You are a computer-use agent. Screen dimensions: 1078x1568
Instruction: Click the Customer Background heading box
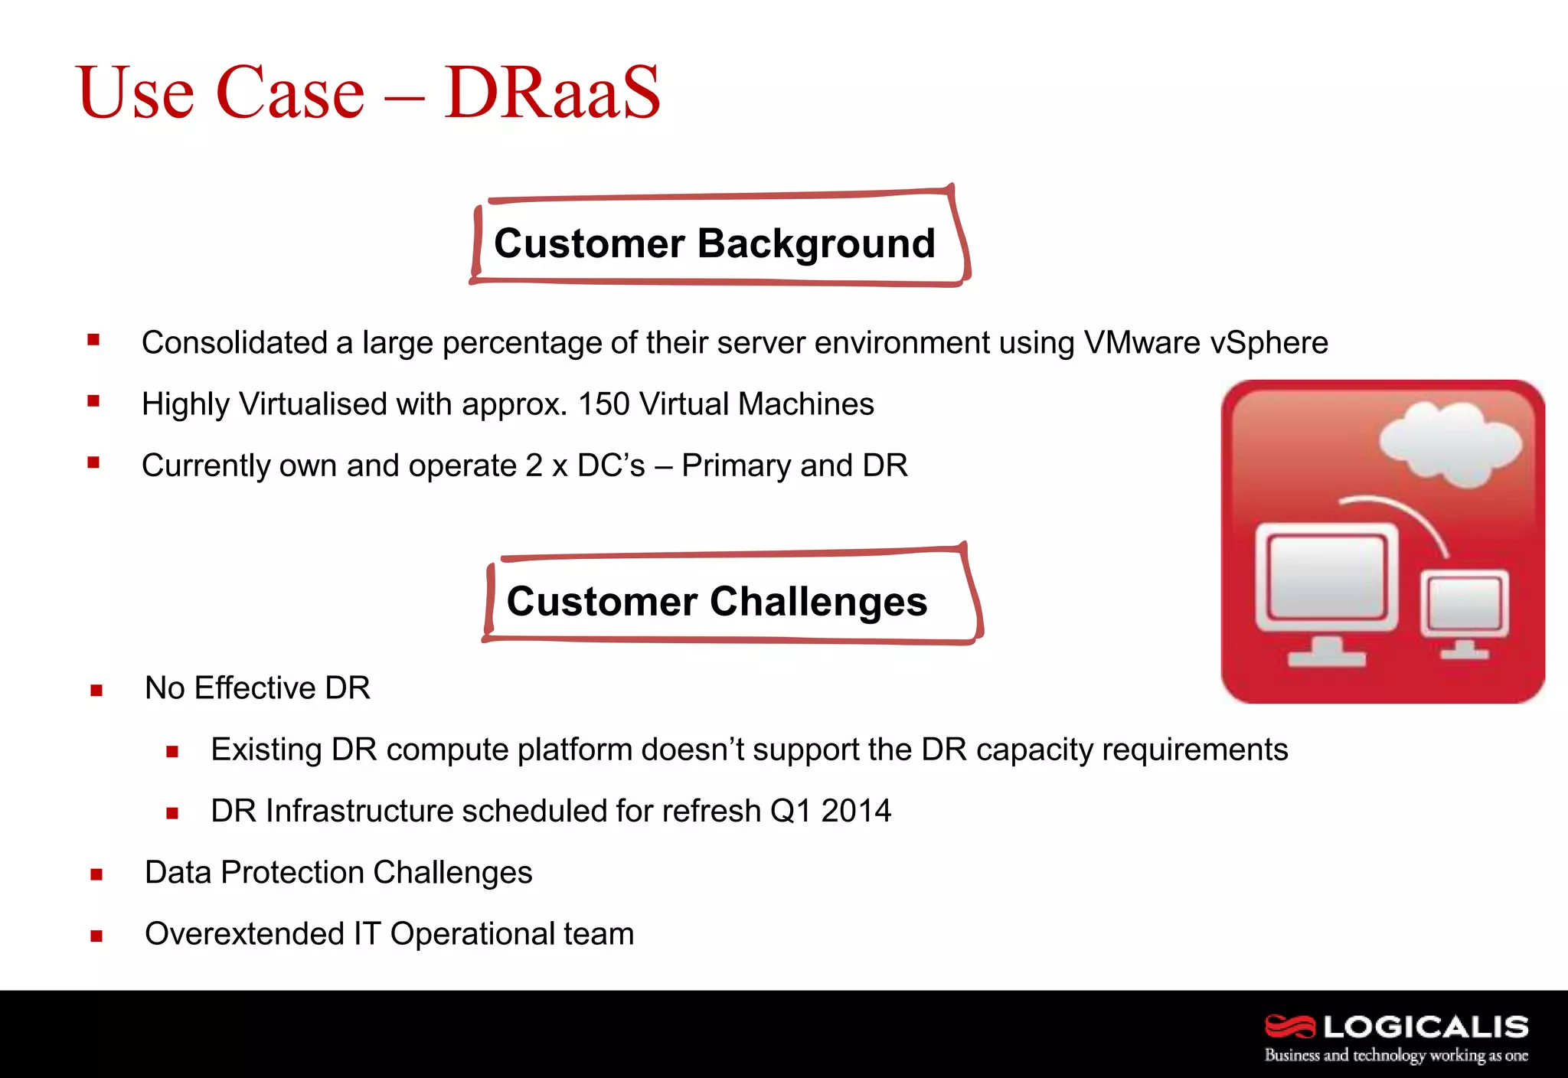click(x=715, y=243)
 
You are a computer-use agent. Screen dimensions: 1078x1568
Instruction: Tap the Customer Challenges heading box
click(x=717, y=601)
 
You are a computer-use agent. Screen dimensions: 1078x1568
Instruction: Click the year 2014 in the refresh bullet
click(x=856, y=811)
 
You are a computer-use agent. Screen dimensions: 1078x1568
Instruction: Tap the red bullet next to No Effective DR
click(x=96, y=691)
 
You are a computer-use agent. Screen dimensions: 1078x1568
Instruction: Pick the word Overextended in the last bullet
click(x=244, y=934)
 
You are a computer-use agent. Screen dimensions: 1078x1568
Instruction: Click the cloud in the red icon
click(x=1449, y=445)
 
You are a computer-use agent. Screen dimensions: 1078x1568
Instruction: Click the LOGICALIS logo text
click(x=1426, y=1027)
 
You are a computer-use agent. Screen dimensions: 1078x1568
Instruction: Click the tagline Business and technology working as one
click(x=1396, y=1055)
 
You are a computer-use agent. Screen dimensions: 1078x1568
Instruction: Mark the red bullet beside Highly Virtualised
click(x=93, y=400)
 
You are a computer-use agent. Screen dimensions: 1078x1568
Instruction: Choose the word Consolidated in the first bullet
click(x=234, y=342)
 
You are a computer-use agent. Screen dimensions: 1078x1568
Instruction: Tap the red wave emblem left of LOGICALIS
click(x=1289, y=1026)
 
